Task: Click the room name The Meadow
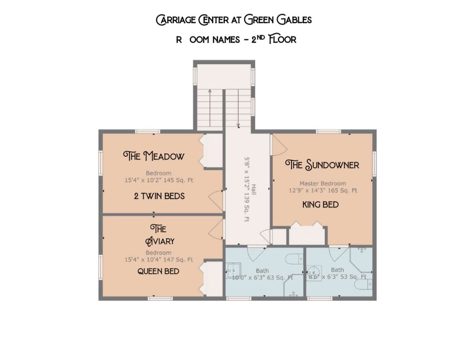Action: [x=154, y=156]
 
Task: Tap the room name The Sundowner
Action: [x=322, y=165]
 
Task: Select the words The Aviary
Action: [x=158, y=235]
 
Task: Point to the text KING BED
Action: [x=320, y=205]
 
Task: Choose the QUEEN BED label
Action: [x=158, y=271]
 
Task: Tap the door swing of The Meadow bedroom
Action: [x=216, y=200]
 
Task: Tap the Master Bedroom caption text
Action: [x=322, y=183]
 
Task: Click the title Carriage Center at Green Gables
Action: [x=234, y=20]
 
